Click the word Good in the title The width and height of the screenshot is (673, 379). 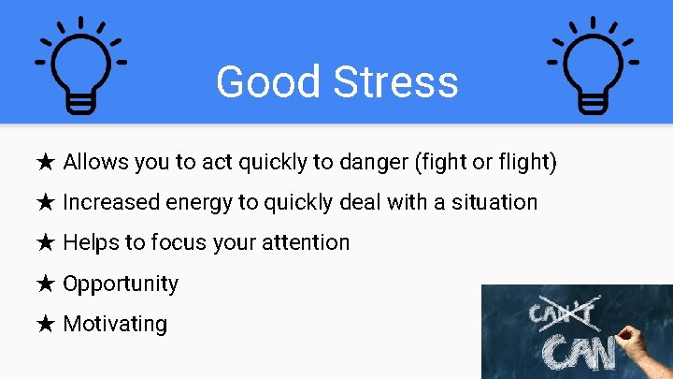(254, 81)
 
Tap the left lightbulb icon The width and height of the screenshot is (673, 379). (81, 66)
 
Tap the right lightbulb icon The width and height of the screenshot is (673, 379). (592, 66)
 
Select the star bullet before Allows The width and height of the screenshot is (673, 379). (46, 163)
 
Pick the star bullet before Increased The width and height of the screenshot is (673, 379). (46, 202)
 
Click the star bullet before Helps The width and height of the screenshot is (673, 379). (46, 243)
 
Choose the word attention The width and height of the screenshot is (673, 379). (304, 243)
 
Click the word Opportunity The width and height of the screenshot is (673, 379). (121, 284)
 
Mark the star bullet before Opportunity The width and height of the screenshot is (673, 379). (46, 284)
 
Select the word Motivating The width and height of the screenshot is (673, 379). (115, 324)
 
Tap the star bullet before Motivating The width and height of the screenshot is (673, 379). (46, 324)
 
